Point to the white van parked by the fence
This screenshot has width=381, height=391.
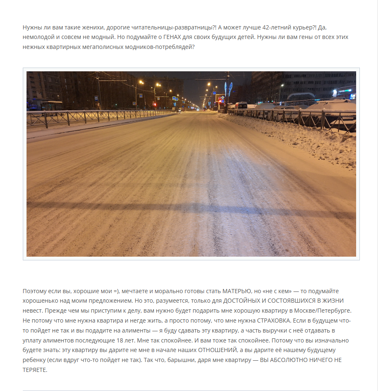[241, 105]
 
